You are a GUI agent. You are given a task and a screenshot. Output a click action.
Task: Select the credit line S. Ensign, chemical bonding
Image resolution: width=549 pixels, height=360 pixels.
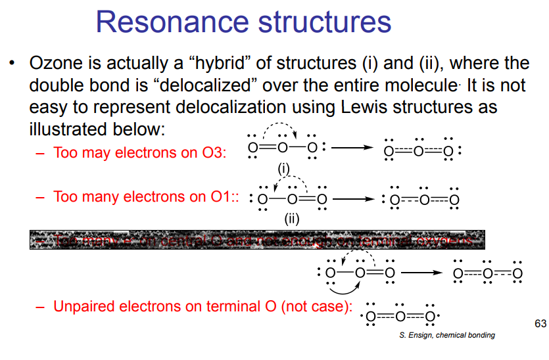click(x=447, y=335)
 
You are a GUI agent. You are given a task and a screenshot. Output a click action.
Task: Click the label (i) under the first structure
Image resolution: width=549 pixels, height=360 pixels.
click(x=283, y=169)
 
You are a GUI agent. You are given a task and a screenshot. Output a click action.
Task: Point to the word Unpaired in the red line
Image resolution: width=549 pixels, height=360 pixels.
click(x=84, y=306)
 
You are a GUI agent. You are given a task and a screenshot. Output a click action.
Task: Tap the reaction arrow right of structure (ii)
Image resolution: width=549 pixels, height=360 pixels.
click(x=356, y=198)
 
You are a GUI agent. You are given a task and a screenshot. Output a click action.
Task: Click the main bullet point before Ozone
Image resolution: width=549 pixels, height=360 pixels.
click(x=12, y=64)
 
